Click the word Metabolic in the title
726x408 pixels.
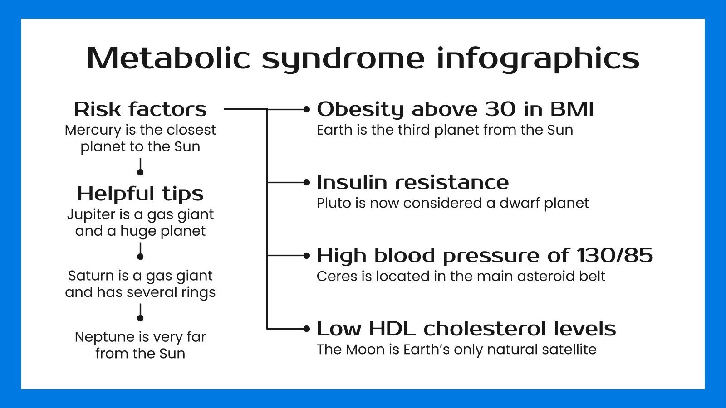pyautogui.click(x=168, y=58)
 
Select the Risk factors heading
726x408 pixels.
pyautogui.click(x=140, y=109)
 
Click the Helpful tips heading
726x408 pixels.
pyautogui.click(x=140, y=194)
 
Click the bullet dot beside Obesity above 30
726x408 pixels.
pyautogui.click(x=307, y=109)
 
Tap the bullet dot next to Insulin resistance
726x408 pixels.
pyautogui.click(x=307, y=182)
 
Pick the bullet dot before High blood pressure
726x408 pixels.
pyautogui.click(x=307, y=256)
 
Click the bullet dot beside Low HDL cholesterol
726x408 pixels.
pyautogui.click(x=307, y=329)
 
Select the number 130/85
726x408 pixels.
pyautogui.click(x=615, y=256)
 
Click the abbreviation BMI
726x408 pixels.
pyautogui.click(x=571, y=109)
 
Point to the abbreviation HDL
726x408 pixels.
pyautogui.click(x=392, y=329)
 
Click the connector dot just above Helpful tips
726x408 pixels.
pyautogui.click(x=140, y=172)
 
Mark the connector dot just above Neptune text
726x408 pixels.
pyautogui.click(x=140, y=318)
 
